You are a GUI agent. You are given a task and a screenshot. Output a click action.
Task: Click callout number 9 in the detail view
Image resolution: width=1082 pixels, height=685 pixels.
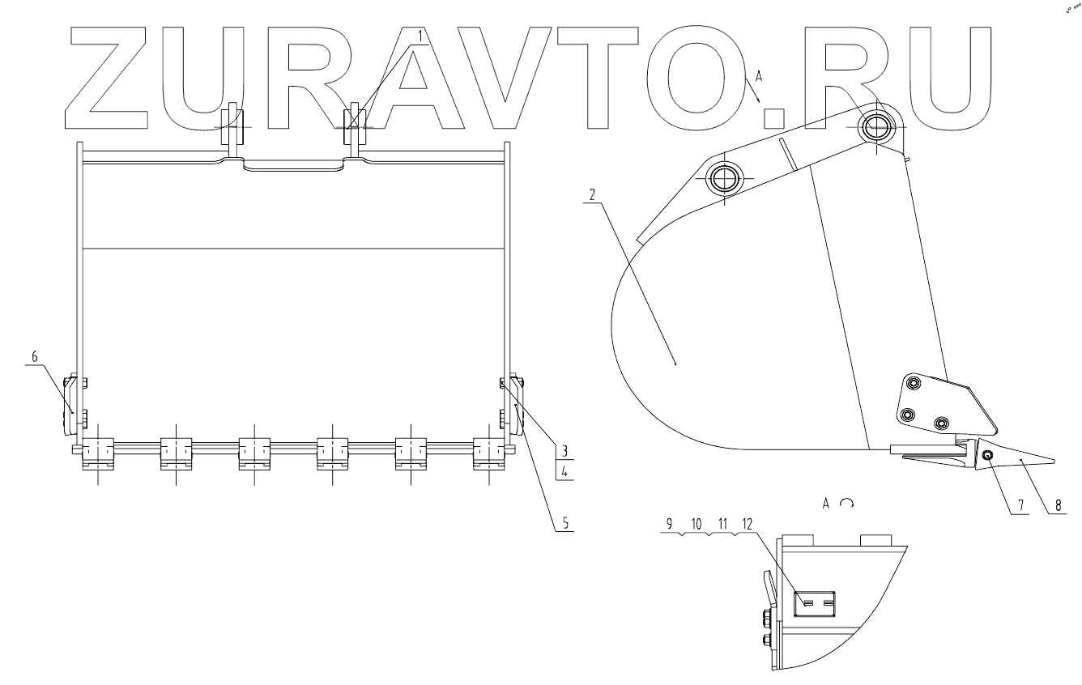(670, 524)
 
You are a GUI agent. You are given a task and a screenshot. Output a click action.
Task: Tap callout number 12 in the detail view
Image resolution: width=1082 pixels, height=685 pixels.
(745, 524)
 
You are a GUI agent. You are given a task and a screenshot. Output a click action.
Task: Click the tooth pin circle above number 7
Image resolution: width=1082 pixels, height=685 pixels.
(989, 457)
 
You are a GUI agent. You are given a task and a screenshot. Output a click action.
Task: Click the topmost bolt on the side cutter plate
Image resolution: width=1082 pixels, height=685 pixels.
(914, 383)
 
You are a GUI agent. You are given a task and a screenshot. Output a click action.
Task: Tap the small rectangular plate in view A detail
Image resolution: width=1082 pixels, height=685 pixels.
(816, 604)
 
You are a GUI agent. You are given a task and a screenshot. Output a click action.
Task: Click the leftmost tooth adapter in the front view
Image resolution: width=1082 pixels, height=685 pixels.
(97, 453)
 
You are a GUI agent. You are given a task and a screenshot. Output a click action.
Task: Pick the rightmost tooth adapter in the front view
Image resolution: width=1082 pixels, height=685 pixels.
(488, 453)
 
